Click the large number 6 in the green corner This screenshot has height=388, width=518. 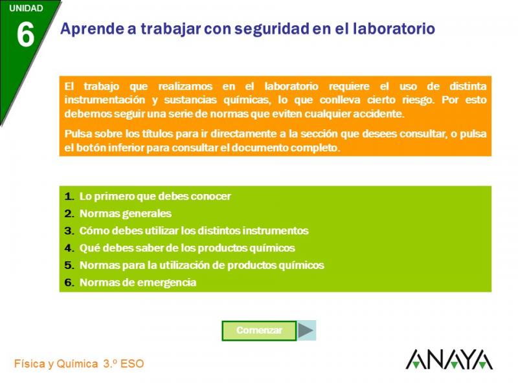click(25, 34)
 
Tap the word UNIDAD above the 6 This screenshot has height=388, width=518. click(26, 8)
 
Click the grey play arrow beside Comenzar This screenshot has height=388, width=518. click(306, 330)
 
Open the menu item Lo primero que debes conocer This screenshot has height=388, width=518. click(155, 197)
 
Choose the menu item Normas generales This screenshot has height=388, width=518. click(126, 213)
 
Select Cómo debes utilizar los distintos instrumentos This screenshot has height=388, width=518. click(194, 231)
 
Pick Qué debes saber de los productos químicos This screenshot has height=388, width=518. click(187, 248)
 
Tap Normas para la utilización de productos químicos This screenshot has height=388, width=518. click(202, 265)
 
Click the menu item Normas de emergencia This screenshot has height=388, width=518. click(138, 283)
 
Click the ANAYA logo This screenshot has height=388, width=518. click(449, 360)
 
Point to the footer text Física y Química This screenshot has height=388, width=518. click(56, 364)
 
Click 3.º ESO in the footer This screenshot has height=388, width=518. click(124, 364)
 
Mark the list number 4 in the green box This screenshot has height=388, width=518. click(68, 248)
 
